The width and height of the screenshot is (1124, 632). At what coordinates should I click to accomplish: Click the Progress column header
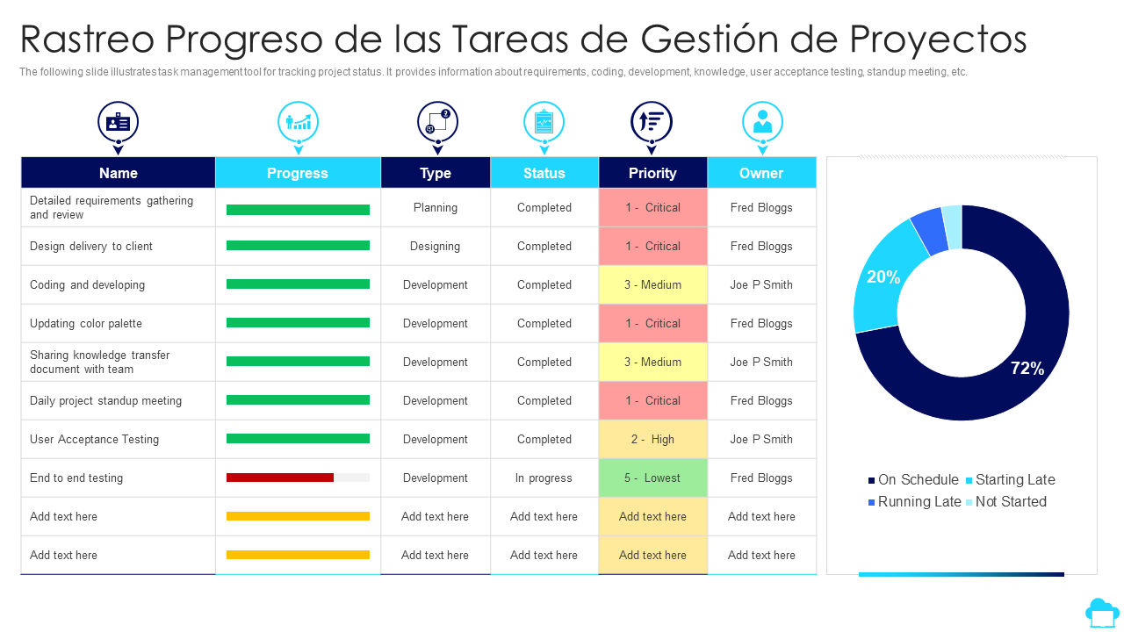(x=298, y=173)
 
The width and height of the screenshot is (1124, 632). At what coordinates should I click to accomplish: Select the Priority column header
(x=652, y=173)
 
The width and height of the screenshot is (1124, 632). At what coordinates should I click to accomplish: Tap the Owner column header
(x=761, y=173)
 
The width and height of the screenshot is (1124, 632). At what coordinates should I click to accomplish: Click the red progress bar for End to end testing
(x=280, y=478)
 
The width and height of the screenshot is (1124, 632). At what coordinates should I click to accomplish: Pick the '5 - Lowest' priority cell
(x=652, y=478)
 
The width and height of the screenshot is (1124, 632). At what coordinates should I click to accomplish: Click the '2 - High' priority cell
(x=652, y=439)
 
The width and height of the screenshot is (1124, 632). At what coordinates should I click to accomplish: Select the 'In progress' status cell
(x=544, y=478)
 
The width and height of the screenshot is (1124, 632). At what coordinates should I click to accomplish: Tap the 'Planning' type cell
(x=436, y=207)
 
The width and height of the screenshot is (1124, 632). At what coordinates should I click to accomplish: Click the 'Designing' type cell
(x=436, y=246)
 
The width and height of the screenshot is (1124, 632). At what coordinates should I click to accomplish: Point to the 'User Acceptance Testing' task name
(x=94, y=439)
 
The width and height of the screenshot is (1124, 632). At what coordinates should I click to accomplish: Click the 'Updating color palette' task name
(x=86, y=323)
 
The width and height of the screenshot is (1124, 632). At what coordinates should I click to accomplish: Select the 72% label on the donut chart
(x=1027, y=369)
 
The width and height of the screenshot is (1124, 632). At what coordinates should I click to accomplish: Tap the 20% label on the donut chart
(x=883, y=277)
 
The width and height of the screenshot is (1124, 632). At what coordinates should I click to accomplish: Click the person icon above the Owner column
(x=762, y=122)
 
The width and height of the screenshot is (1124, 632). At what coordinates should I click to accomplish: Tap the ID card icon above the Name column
(x=118, y=122)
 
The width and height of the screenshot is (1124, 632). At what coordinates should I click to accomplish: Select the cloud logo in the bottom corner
(x=1102, y=612)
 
